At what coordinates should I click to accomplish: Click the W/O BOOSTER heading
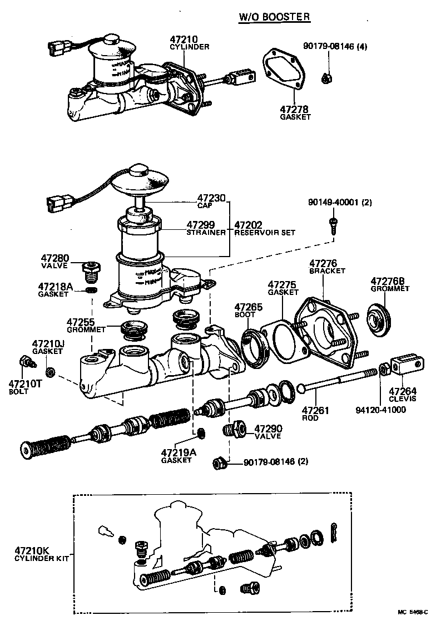coord(274,17)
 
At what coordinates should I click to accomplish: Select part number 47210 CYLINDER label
coord(189,43)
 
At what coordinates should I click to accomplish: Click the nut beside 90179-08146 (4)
coord(327,78)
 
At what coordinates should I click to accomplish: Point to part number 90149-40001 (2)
coord(340,203)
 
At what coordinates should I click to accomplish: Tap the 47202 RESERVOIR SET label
coord(265,228)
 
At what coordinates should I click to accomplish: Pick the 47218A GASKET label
coord(56,289)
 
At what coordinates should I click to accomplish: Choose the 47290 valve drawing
coord(234,429)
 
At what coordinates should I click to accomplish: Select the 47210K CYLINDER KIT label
coord(42,554)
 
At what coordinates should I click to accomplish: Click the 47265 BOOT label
coord(246,310)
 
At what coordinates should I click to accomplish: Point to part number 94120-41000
coord(381,410)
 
